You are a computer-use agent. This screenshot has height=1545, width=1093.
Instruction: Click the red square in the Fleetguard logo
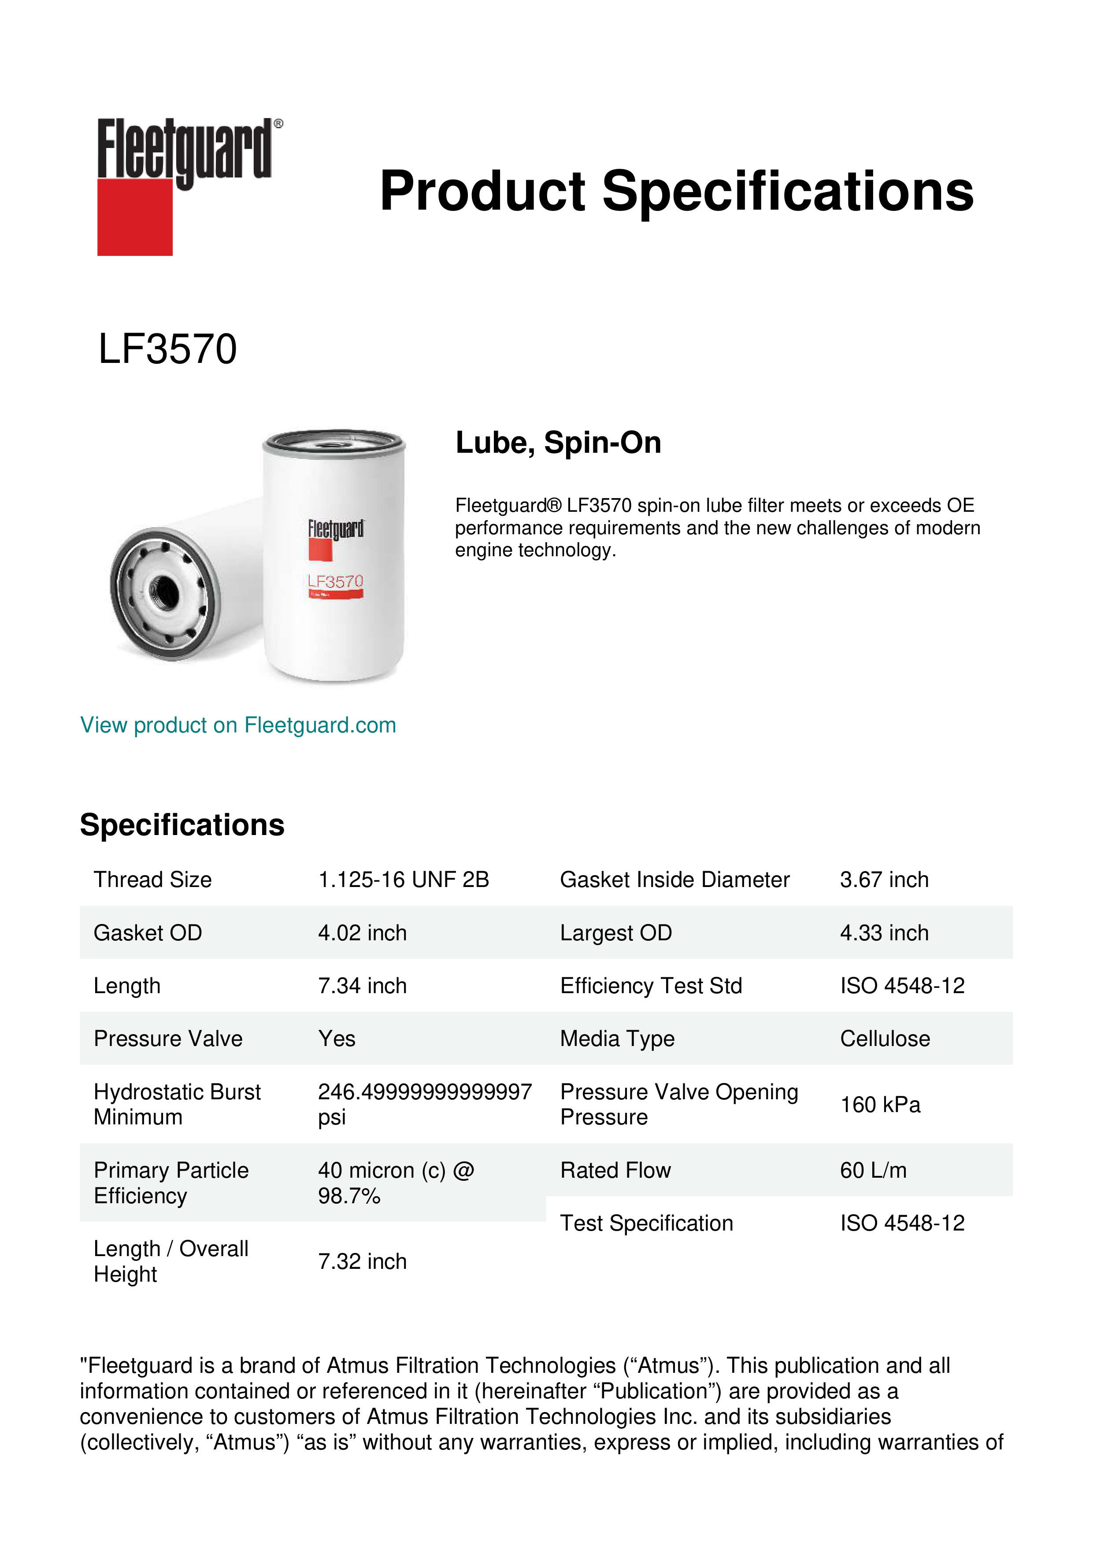(x=135, y=217)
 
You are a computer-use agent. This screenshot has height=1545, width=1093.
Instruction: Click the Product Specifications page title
(x=676, y=191)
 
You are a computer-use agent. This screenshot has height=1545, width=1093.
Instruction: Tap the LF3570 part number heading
(x=167, y=349)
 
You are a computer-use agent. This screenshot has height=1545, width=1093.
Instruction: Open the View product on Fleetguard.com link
(x=237, y=725)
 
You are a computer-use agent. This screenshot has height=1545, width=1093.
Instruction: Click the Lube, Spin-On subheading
(x=558, y=443)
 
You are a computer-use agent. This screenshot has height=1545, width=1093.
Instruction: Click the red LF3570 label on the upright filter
(x=335, y=581)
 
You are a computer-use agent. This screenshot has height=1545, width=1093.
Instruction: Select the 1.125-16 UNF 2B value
(x=403, y=880)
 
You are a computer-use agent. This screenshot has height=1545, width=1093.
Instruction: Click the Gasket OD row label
(x=148, y=933)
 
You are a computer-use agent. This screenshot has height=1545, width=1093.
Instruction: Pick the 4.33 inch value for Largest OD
(x=884, y=933)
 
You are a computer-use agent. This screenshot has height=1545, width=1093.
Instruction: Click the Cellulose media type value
(x=884, y=1039)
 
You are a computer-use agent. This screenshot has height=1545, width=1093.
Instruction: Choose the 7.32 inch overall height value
(x=362, y=1262)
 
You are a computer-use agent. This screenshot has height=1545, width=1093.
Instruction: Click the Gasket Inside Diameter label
(x=674, y=880)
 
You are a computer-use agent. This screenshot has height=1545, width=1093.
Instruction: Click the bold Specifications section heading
(x=182, y=825)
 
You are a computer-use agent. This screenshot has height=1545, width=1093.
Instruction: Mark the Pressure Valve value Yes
(x=337, y=1039)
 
